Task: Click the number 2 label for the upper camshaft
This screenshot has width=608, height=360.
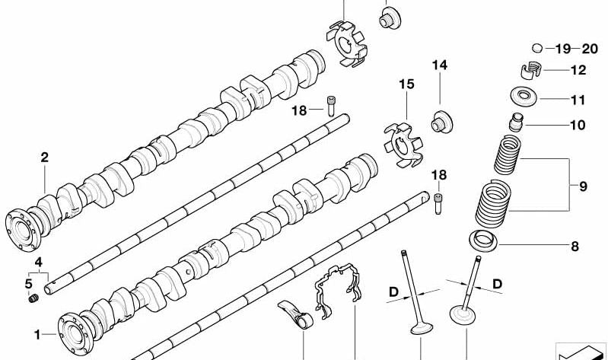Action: pos(44,158)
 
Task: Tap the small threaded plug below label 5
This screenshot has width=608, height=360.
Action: pos(33,298)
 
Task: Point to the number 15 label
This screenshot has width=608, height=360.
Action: pos(407,84)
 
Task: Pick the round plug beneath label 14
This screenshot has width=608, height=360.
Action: pos(438,122)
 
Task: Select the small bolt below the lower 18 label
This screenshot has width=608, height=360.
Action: pos(439,202)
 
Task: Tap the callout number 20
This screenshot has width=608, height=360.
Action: pos(590,49)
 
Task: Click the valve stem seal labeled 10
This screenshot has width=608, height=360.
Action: pos(517,122)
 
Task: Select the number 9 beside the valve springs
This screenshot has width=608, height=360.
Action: pos(583,185)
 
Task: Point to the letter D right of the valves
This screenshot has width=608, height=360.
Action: pos(497,283)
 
